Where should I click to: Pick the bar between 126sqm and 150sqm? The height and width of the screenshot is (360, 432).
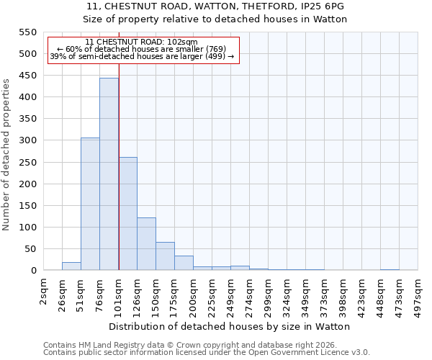point(146,244)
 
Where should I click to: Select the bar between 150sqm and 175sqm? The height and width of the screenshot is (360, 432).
point(165,256)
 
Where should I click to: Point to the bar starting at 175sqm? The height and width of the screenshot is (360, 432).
point(184,263)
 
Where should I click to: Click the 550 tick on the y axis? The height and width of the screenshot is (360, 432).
point(27,32)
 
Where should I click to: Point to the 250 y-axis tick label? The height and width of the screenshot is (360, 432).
point(27,163)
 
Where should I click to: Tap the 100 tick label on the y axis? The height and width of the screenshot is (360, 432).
point(27,228)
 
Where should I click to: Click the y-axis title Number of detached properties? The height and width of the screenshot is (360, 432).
point(6,155)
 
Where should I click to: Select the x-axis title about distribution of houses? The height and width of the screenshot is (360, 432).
point(230,326)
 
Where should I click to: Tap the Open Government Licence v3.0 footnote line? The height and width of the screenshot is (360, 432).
point(207,353)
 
